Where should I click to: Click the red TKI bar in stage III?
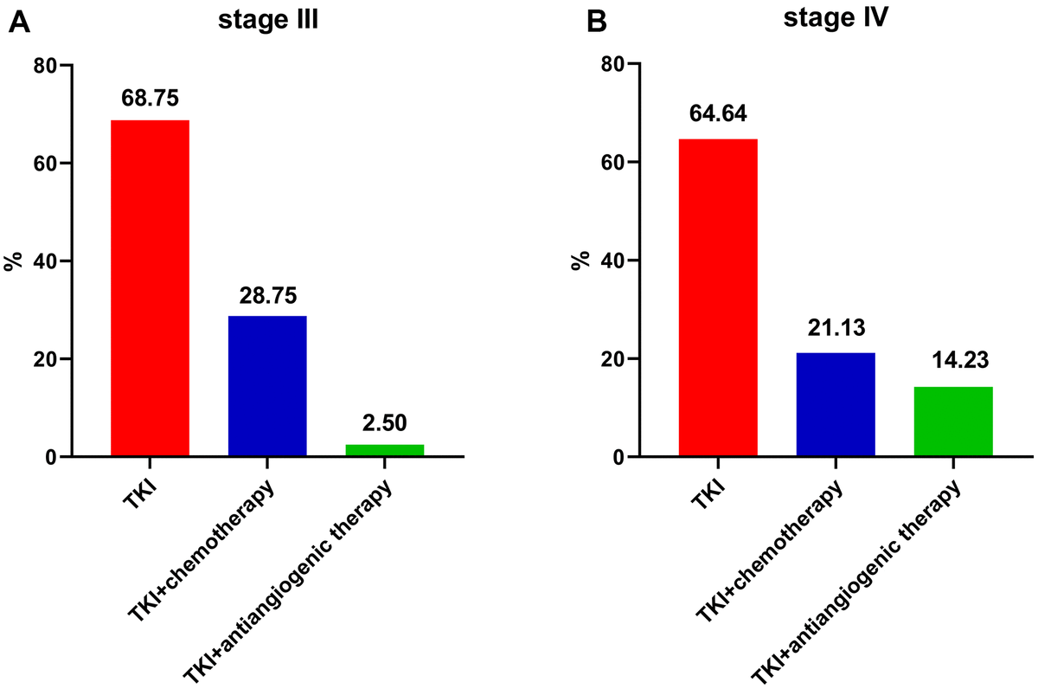(x=151, y=288)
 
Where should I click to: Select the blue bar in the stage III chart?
(x=267, y=386)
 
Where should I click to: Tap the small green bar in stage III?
(x=385, y=450)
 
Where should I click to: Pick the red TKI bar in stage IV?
(x=718, y=298)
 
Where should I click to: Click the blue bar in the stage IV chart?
(x=836, y=404)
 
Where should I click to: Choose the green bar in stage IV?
(x=952, y=422)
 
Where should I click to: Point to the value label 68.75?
(x=151, y=99)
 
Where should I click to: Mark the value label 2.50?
(x=385, y=423)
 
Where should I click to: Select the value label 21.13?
(x=836, y=332)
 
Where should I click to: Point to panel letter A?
(x=21, y=23)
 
